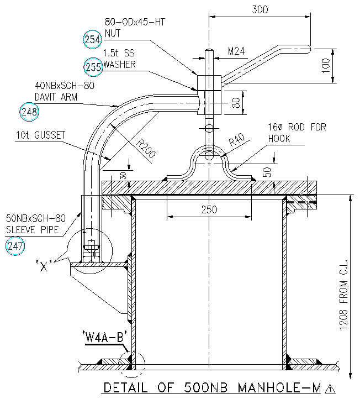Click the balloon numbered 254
[92, 39]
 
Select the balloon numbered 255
[93, 67]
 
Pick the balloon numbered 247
[15, 246]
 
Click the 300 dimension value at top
[260, 9]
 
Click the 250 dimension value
[209, 209]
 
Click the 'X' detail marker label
[51, 264]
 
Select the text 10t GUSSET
[40, 135]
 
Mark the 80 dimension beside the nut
[236, 103]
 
